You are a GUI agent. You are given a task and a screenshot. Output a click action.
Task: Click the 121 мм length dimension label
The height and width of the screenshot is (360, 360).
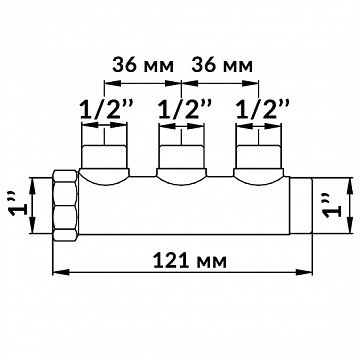point(190,261)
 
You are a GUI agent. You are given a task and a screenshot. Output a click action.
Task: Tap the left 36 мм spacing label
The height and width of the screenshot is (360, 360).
point(143,65)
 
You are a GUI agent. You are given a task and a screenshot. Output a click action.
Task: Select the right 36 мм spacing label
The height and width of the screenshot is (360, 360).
point(222,65)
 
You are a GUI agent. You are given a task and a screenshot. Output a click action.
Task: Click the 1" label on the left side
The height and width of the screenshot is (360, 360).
point(19,206)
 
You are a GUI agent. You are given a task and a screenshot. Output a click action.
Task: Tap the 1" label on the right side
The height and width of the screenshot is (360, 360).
point(333,206)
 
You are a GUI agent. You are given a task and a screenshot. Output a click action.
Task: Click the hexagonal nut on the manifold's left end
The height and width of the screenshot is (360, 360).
point(66,205)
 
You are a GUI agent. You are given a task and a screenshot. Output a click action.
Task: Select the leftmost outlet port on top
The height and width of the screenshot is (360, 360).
point(104,157)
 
